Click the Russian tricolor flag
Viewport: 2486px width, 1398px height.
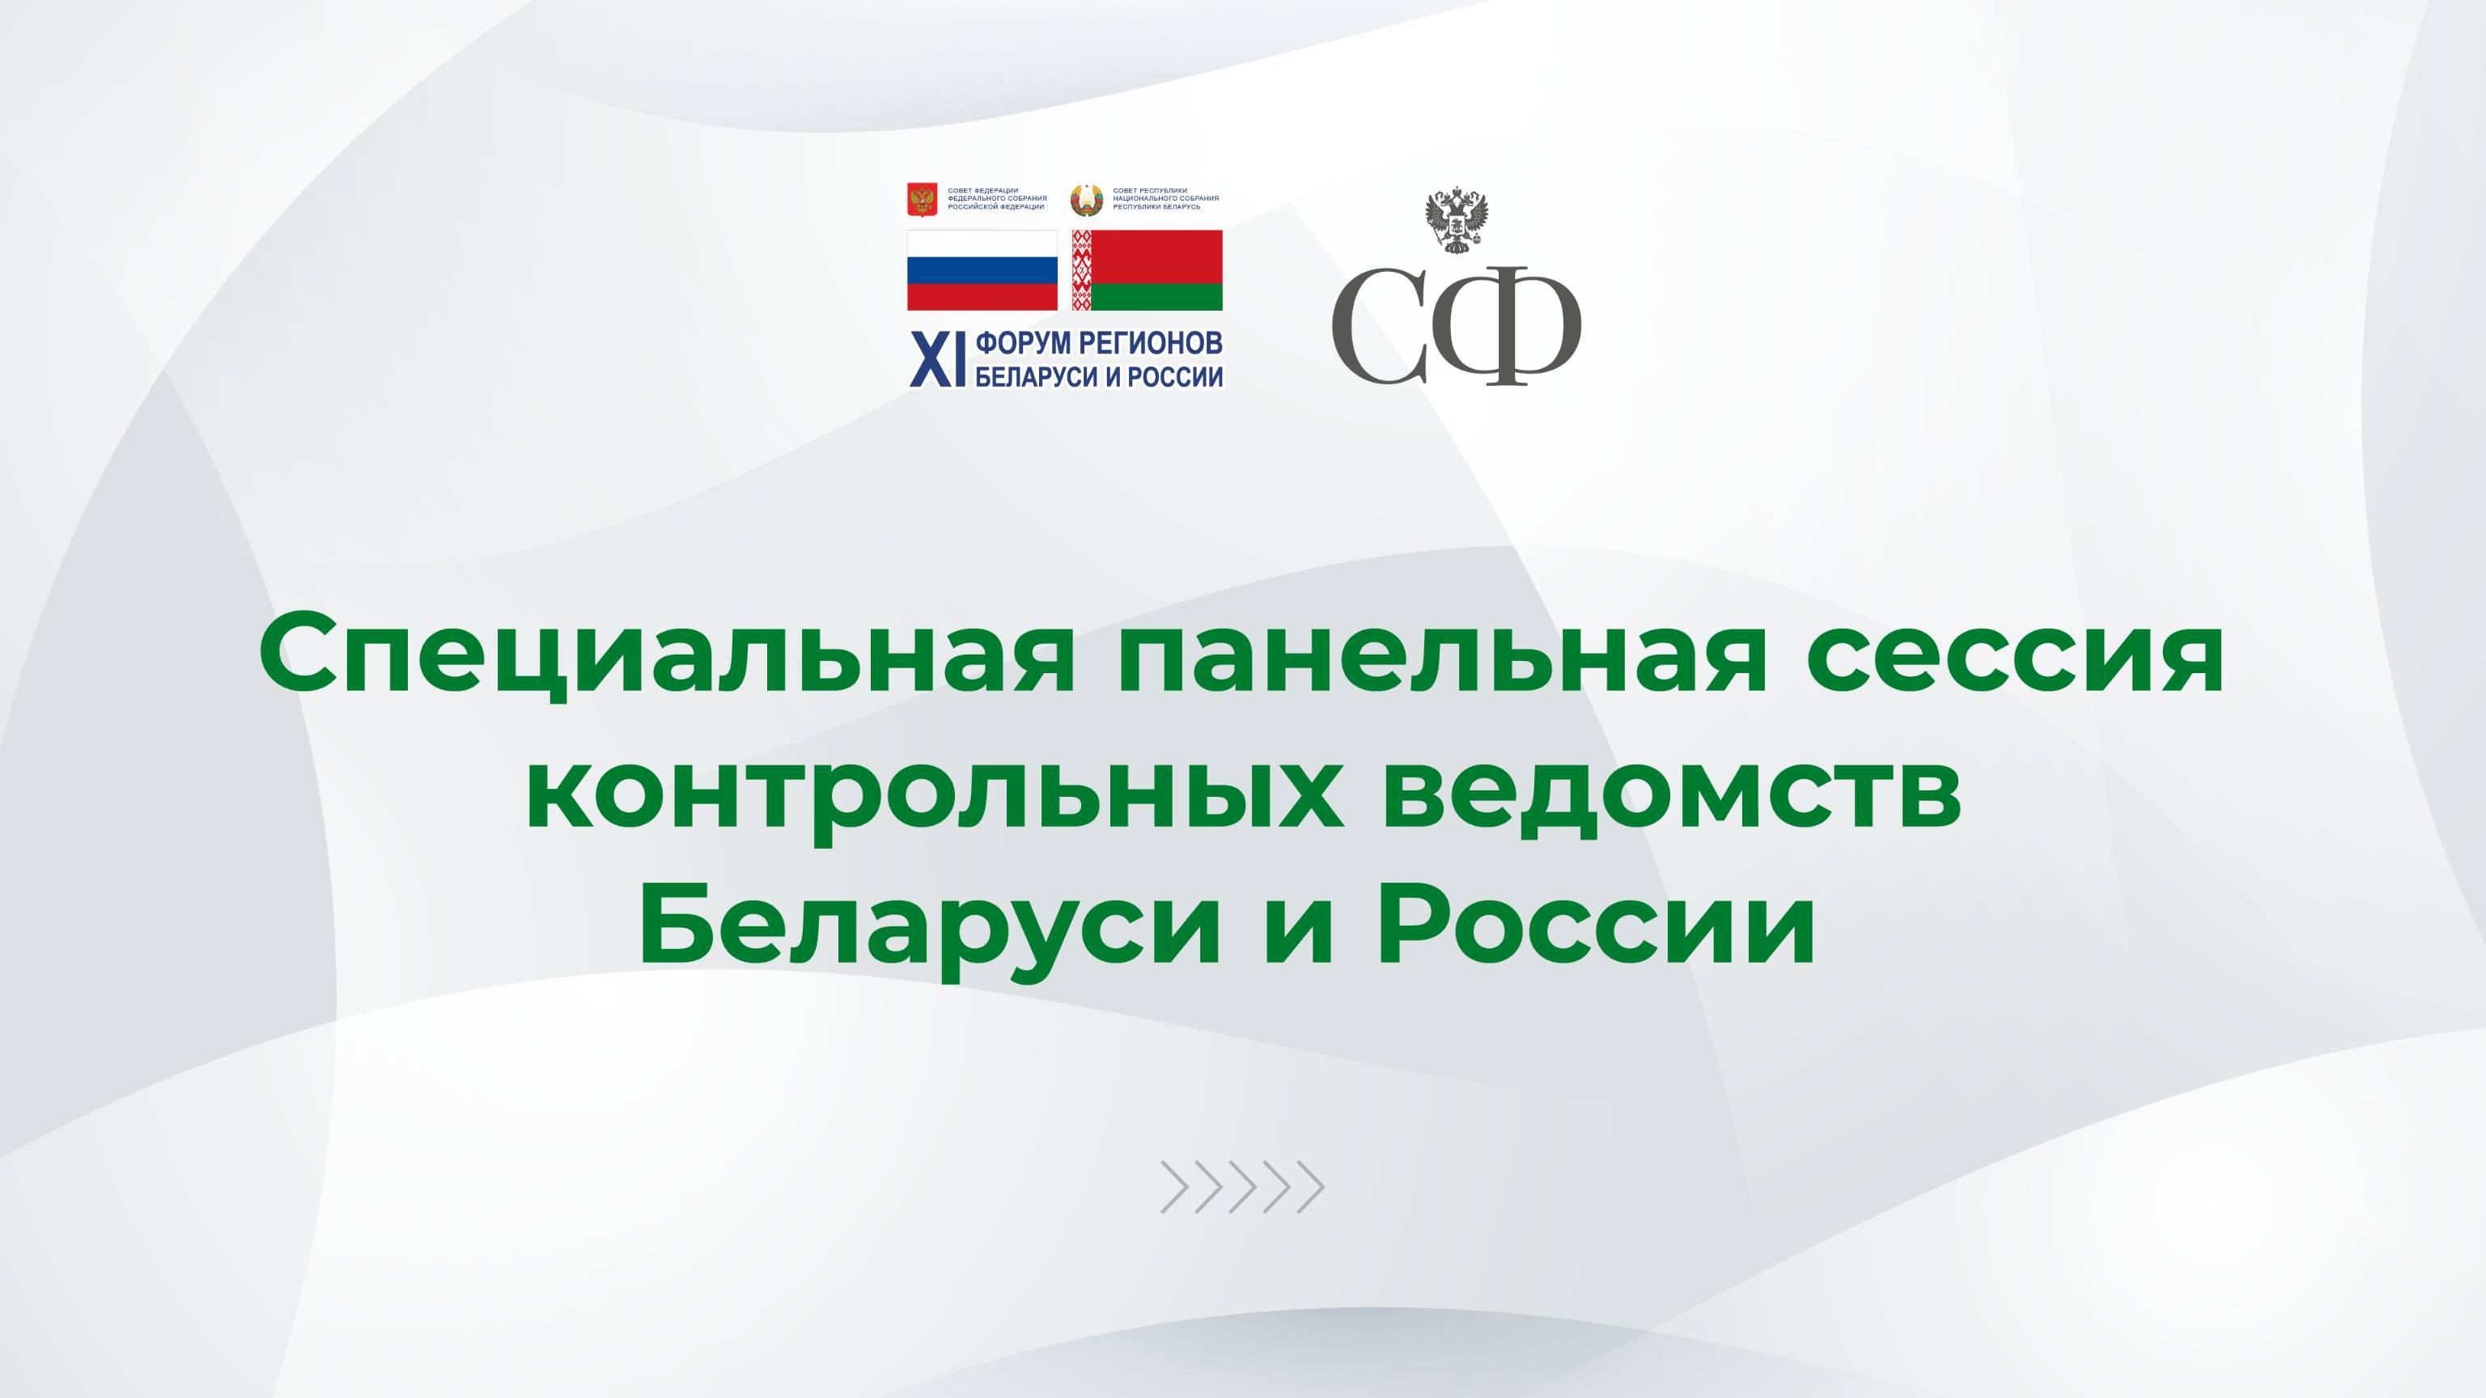click(982, 270)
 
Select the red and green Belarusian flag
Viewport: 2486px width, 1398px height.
click(1147, 270)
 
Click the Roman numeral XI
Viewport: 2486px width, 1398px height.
click(938, 360)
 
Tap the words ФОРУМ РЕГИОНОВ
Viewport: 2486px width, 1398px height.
click(1099, 342)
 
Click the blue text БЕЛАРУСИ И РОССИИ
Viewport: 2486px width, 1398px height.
click(1099, 376)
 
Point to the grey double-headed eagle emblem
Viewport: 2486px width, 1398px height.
click(1457, 221)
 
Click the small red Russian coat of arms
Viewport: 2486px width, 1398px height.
click(923, 200)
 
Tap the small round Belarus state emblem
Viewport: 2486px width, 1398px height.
click(1087, 200)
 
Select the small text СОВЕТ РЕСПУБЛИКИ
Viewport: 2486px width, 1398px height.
click(1151, 191)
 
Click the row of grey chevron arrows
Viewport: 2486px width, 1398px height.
click(1242, 1187)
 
